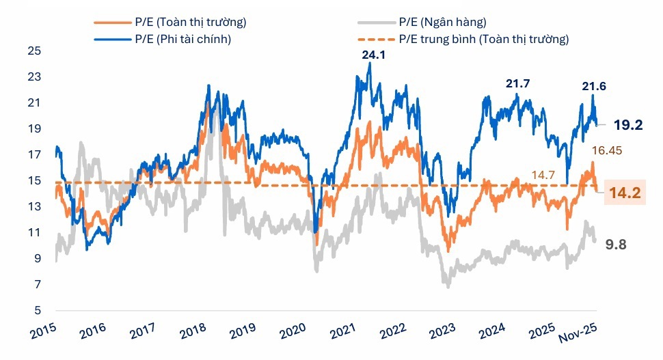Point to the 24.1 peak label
(x=373, y=55)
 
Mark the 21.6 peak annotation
(x=593, y=86)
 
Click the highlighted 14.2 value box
(x=623, y=193)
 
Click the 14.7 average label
(x=543, y=176)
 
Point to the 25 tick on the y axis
(x=34, y=51)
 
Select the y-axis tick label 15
(x=34, y=181)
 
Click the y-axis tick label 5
(x=37, y=311)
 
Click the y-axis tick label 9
(x=37, y=259)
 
